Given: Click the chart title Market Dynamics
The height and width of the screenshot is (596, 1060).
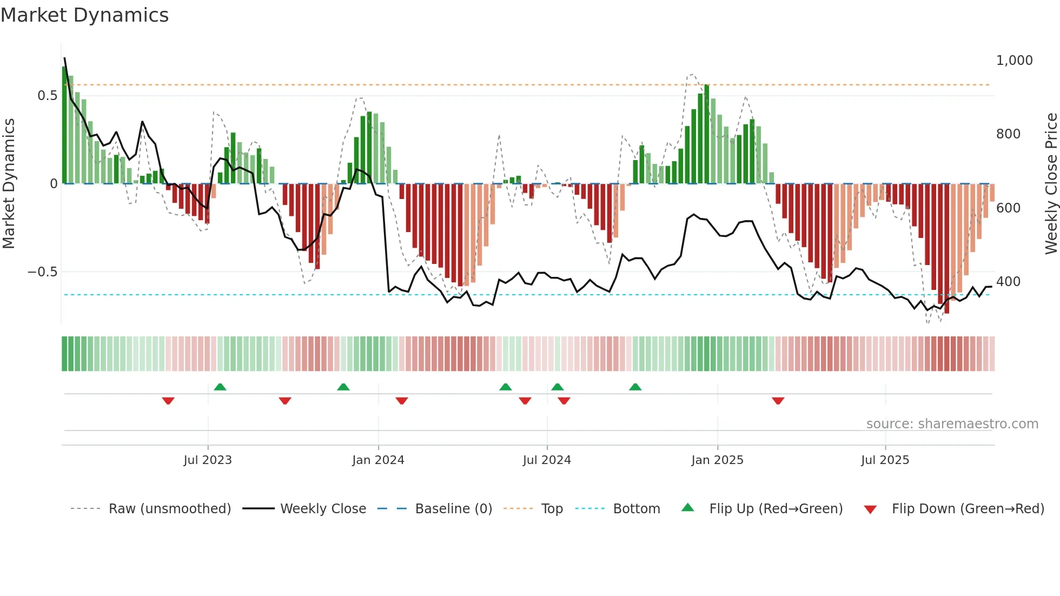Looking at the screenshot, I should click(84, 15).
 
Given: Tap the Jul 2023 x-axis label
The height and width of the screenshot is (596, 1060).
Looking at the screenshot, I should click(207, 460).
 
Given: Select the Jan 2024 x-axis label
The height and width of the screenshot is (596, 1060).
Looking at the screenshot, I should click(378, 460).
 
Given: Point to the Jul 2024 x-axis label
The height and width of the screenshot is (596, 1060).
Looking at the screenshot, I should click(547, 460).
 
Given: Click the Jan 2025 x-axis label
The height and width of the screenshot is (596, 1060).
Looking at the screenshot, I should click(717, 460).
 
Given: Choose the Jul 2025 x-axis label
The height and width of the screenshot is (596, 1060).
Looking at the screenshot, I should click(885, 460).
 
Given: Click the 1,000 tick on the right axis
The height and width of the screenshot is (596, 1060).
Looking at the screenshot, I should click(1014, 61).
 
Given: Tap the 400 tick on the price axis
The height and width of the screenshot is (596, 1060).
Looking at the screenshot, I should click(1008, 282).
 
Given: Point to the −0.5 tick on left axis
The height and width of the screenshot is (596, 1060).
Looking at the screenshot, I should click(42, 272).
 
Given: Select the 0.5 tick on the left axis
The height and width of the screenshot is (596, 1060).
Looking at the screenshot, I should click(47, 96).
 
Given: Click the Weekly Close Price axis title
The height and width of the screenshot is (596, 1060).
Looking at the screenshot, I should click(1051, 184).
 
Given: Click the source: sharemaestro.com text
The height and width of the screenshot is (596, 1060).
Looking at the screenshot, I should click(952, 424).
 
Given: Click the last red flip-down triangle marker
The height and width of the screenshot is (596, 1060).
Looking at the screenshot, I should click(778, 401).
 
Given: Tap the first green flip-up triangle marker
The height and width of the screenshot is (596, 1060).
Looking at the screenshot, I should click(220, 387).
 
